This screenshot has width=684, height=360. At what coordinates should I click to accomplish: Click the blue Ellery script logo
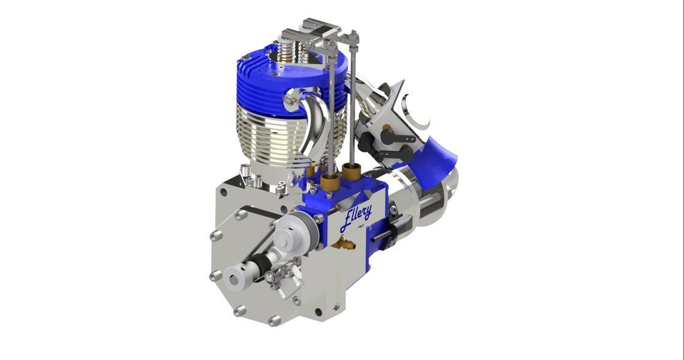click(355, 218)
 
